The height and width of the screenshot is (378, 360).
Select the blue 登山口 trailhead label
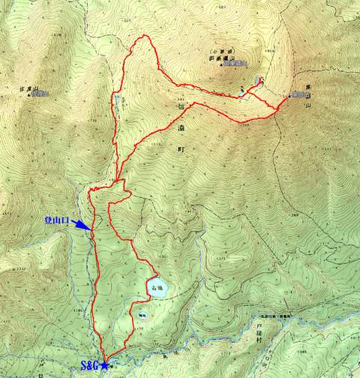pyautogui.click(x=56, y=222)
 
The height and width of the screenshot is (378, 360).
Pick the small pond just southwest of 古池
pyautogui.click(x=142, y=316)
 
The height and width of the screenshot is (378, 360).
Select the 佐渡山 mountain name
pyautogui.click(x=26, y=87)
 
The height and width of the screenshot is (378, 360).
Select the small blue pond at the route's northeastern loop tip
pyautogui.click(x=258, y=80)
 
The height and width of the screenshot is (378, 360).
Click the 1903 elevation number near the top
pyautogui.click(x=271, y=49)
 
